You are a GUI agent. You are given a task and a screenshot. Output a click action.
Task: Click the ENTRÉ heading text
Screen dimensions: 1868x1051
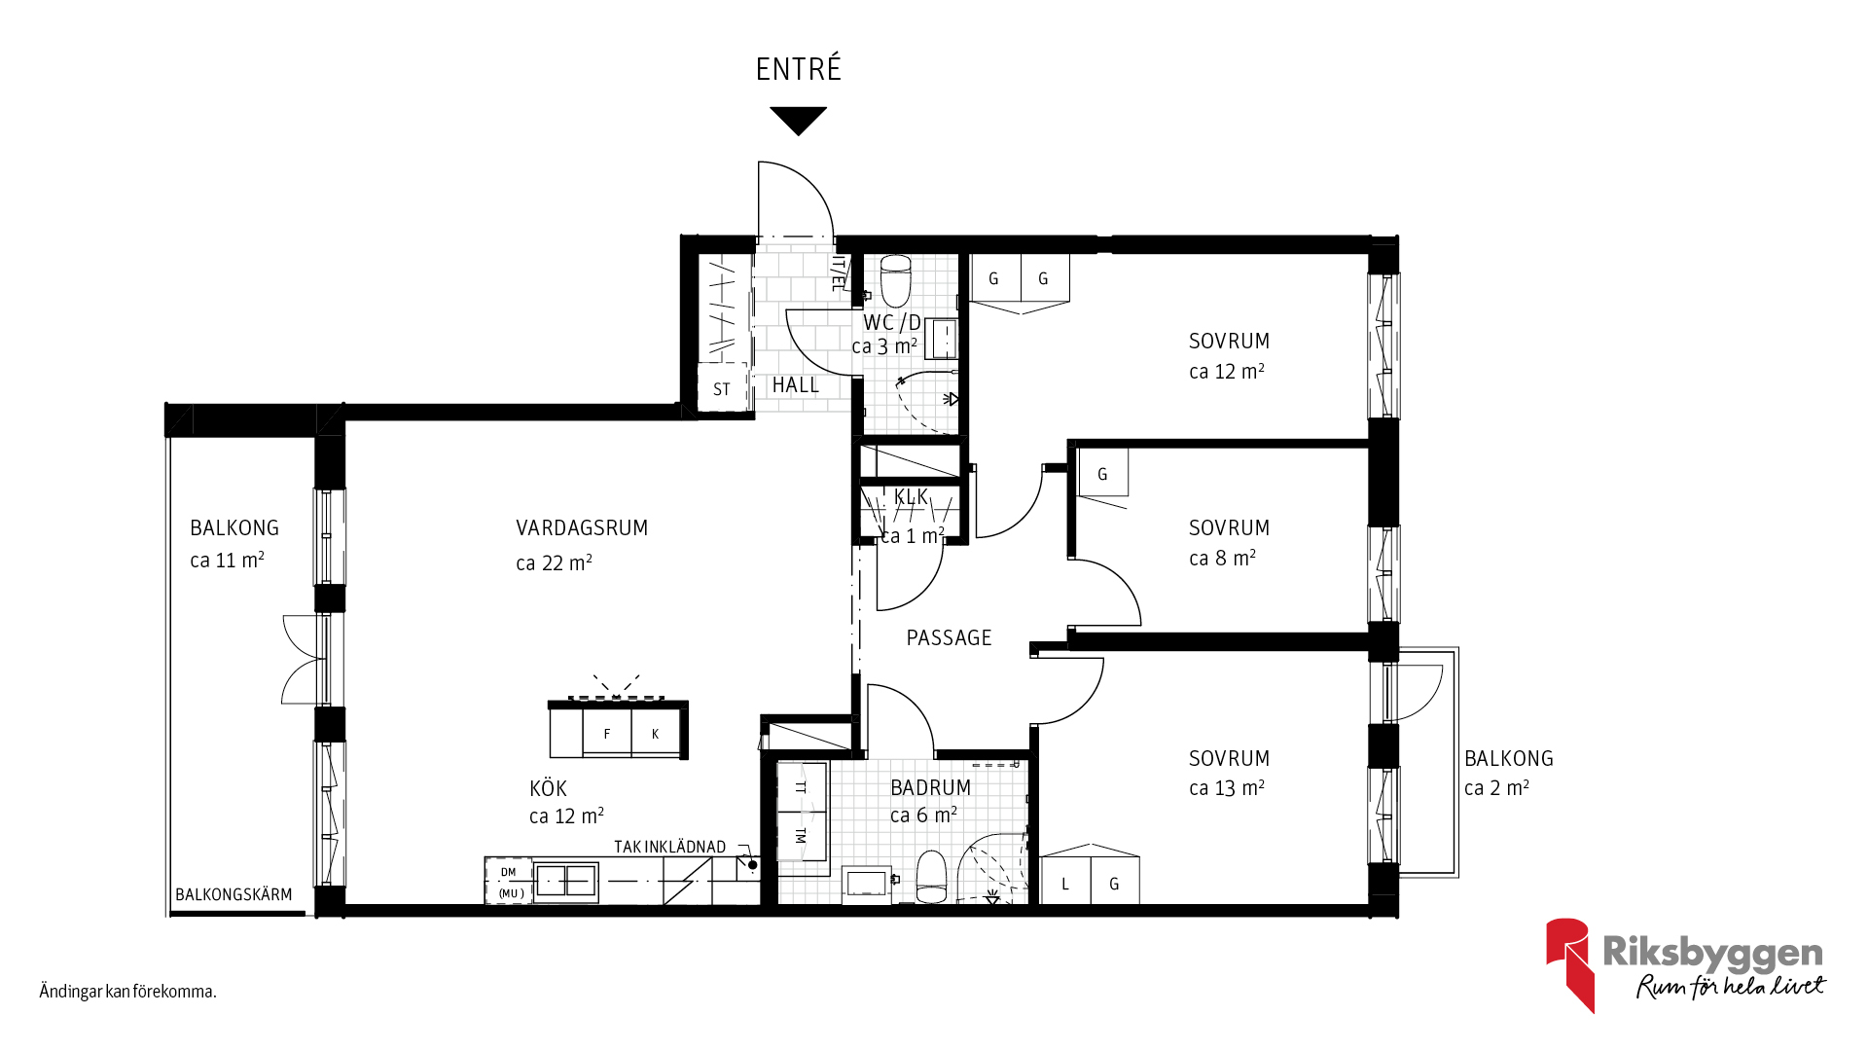(x=798, y=69)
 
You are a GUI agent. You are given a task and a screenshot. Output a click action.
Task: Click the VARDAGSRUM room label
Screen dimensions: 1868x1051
(x=582, y=528)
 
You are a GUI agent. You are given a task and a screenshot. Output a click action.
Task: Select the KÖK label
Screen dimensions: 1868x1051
(x=548, y=788)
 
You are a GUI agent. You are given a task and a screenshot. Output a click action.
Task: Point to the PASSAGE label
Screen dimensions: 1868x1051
(x=949, y=638)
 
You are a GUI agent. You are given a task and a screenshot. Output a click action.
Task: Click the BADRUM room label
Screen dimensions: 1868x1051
(x=930, y=788)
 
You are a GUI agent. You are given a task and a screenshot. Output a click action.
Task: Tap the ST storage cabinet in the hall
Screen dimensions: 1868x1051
(x=722, y=388)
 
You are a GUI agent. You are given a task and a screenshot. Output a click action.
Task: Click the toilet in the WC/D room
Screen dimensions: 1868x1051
(x=895, y=280)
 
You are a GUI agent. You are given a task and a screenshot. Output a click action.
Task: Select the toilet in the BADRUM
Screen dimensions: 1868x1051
(x=931, y=877)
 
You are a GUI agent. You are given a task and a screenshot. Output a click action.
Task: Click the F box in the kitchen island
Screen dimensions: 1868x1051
(x=607, y=733)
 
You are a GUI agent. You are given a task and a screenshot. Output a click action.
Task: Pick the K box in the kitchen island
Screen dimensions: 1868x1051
(x=656, y=733)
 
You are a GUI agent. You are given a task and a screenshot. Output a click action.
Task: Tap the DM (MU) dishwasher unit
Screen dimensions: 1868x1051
(x=509, y=882)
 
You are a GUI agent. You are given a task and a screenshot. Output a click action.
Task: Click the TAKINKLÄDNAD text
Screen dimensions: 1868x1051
(x=669, y=847)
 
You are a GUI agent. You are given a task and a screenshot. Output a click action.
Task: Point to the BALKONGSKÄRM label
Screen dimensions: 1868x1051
(x=233, y=894)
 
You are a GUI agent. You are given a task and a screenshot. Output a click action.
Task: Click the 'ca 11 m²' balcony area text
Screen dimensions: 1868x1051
(x=227, y=560)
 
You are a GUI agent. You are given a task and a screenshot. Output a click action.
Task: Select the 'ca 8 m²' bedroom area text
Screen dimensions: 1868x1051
(x=1222, y=558)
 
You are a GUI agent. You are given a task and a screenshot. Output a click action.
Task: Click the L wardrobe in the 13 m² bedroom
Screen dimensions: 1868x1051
(x=1065, y=882)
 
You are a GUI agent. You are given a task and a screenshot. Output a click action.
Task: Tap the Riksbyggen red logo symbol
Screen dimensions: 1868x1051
(x=1568, y=964)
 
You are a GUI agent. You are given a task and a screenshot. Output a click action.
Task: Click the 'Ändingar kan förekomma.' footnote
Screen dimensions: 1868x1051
(x=127, y=992)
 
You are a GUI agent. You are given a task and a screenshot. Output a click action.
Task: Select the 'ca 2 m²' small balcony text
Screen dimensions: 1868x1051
(x=1496, y=787)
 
